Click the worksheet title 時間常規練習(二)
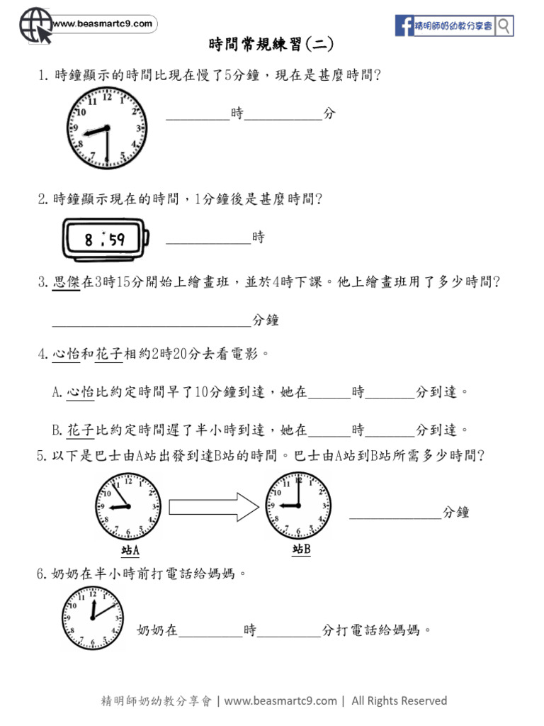(x=271, y=45)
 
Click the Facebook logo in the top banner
(x=404, y=26)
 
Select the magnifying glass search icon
(x=504, y=26)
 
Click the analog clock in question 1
(x=108, y=130)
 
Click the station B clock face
(x=298, y=505)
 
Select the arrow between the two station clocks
(x=213, y=506)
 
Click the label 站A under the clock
(x=130, y=550)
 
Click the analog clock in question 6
(x=92, y=618)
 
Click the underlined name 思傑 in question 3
(x=67, y=282)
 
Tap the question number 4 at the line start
(x=42, y=353)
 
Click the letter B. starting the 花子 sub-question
(x=57, y=430)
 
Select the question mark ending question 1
(x=377, y=75)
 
